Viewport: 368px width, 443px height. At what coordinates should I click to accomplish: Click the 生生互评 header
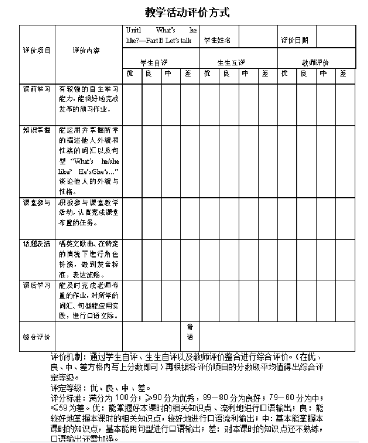[231, 62]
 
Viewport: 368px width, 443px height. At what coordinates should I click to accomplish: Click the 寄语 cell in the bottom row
[190, 332]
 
